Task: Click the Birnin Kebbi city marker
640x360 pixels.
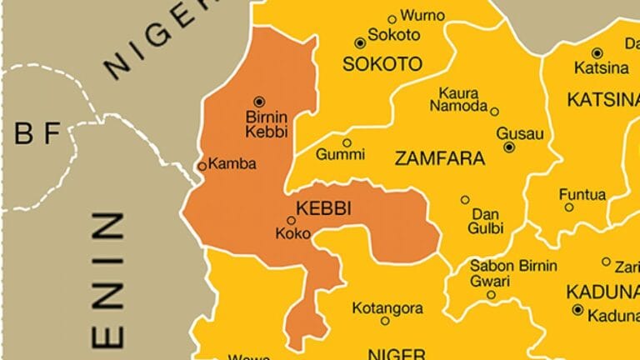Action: tap(258, 101)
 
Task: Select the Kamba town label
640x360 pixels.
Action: tap(231, 164)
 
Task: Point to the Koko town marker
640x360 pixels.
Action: tap(291, 221)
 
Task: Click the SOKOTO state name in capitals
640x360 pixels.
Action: tap(383, 64)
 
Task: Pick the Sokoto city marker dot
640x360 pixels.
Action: tap(360, 42)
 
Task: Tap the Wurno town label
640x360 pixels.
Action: tap(422, 16)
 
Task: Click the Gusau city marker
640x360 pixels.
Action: tap(508, 147)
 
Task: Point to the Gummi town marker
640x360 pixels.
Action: tap(347, 142)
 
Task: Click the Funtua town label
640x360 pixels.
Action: tap(582, 195)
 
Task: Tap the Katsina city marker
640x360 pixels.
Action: tap(597, 52)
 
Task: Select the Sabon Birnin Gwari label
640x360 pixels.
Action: tap(513, 273)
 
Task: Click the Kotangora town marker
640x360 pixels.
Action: tap(384, 321)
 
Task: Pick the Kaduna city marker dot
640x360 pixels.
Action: tap(577, 310)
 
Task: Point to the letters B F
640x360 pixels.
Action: tap(38, 135)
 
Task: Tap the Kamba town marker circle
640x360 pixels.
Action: tap(202, 167)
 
